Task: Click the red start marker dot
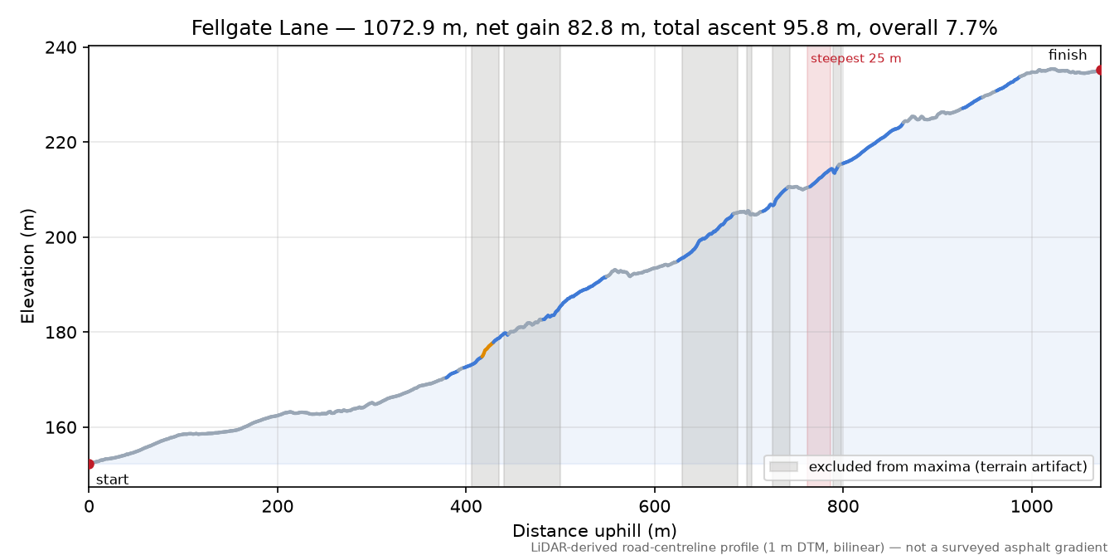click(90, 464)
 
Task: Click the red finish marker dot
click(1100, 70)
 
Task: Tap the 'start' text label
click(112, 480)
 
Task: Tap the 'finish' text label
click(1067, 55)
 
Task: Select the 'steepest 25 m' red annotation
click(855, 59)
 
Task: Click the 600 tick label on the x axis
click(655, 507)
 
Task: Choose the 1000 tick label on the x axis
click(1032, 507)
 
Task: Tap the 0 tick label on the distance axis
click(89, 507)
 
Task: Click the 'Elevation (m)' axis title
click(28, 266)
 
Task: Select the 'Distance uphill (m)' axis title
click(594, 531)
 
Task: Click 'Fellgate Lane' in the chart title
click(259, 28)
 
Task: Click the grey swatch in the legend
click(783, 467)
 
